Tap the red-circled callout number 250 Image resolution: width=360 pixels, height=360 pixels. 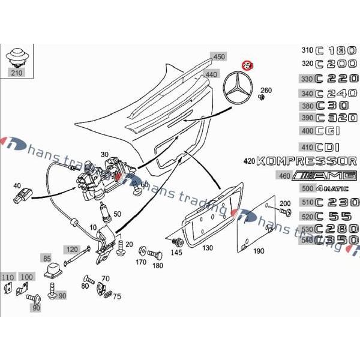tap(247, 65)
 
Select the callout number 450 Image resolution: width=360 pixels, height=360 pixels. tap(219, 57)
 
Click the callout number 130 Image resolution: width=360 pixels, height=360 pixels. tap(207, 248)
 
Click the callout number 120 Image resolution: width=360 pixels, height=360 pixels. tap(72, 249)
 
